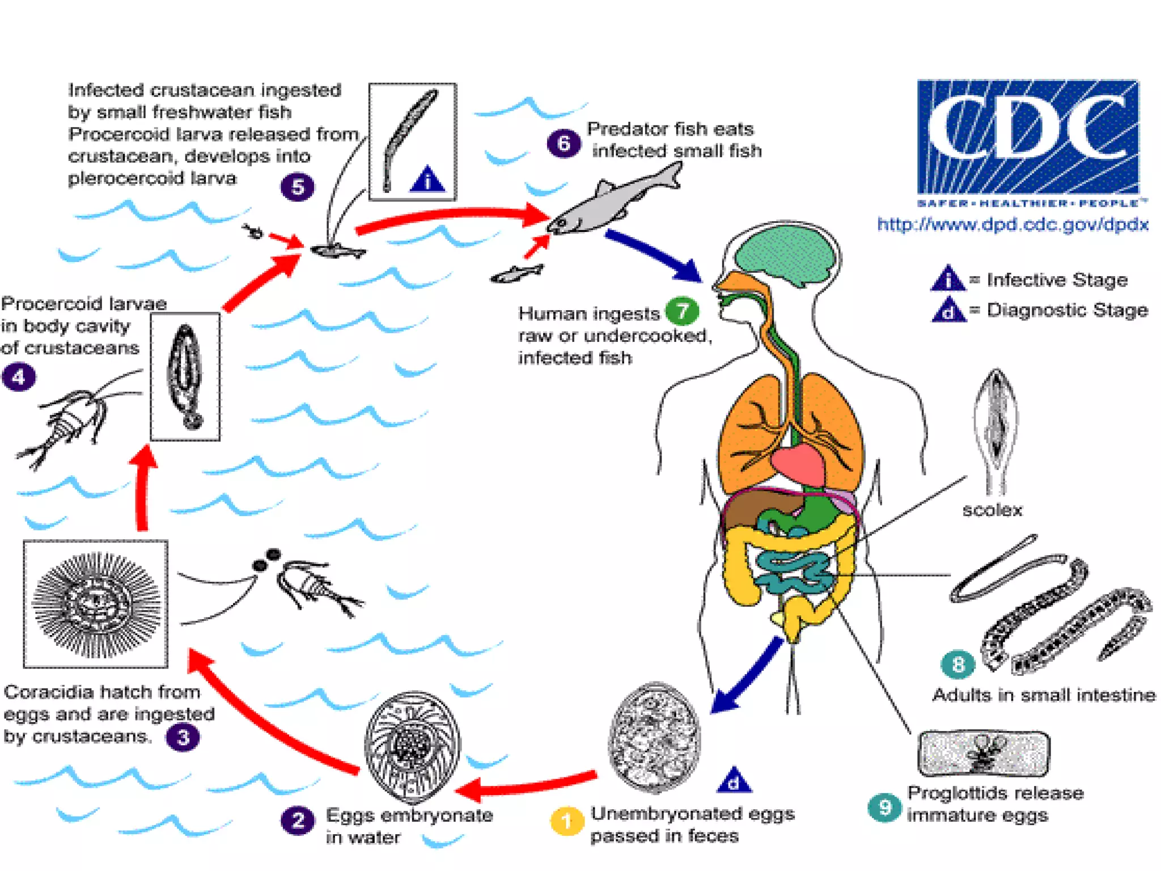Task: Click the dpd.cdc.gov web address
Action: point(1012,225)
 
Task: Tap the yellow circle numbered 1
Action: point(566,821)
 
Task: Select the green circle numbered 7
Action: point(682,311)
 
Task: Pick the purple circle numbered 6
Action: point(563,143)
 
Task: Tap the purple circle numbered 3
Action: point(183,737)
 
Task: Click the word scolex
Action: point(992,510)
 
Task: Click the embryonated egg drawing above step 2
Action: point(412,746)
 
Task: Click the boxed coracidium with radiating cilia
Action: point(95,604)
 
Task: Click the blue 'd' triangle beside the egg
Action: point(734,781)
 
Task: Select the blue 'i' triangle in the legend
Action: point(947,279)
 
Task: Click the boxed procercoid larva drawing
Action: point(185,377)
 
